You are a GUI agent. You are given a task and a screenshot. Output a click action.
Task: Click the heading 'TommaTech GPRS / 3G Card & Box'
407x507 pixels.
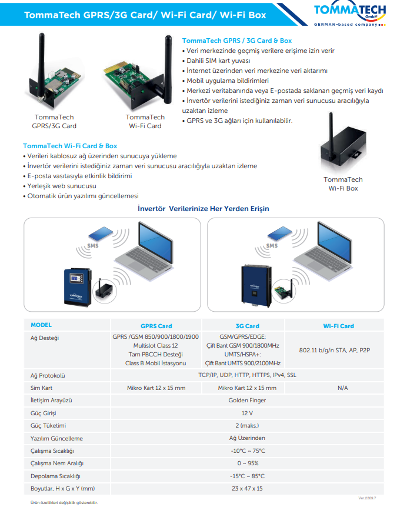coord(236,41)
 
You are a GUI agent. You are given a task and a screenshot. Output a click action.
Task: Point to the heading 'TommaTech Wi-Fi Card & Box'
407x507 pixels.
coord(70,146)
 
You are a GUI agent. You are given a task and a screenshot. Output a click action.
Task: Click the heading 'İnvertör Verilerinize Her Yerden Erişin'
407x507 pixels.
coord(203,209)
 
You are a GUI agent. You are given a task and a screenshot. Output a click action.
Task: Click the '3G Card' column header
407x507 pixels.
coord(247,326)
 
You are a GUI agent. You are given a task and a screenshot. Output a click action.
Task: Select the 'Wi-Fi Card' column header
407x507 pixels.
coord(338,326)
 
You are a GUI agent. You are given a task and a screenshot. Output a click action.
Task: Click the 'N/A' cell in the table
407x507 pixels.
coord(342,388)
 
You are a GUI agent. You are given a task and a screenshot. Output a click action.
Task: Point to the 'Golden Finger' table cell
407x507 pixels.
coord(247,401)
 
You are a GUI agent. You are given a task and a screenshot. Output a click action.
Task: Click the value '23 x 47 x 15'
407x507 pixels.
coord(247,489)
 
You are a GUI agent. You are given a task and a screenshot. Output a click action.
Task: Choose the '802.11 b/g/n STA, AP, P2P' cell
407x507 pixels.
coord(334,351)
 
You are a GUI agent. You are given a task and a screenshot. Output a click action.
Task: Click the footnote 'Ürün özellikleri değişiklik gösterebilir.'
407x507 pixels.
coord(64,502)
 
